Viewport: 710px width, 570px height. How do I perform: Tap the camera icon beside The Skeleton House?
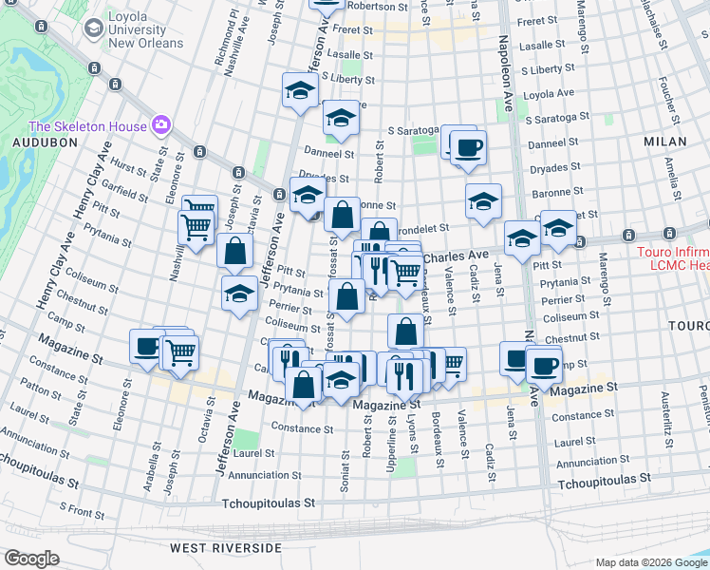pyautogui.click(x=161, y=125)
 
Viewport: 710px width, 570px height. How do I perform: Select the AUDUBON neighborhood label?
pyautogui.click(x=37, y=142)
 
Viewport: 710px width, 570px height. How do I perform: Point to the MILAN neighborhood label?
pyautogui.click(x=664, y=142)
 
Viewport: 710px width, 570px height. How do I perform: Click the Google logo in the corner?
pyautogui.click(x=31, y=559)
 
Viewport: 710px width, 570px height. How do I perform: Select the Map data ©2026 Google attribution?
pyautogui.click(x=650, y=562)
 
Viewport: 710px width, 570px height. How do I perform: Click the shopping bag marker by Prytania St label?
pyautogui.click(x=347, y=294)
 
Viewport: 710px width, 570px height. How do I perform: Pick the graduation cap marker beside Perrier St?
pyautogui.click(x=239, y=294)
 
